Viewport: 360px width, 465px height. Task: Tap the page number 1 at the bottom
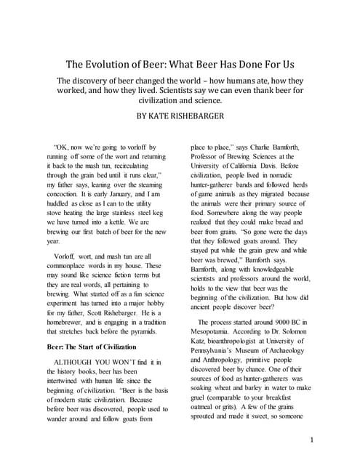click(311, 440)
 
